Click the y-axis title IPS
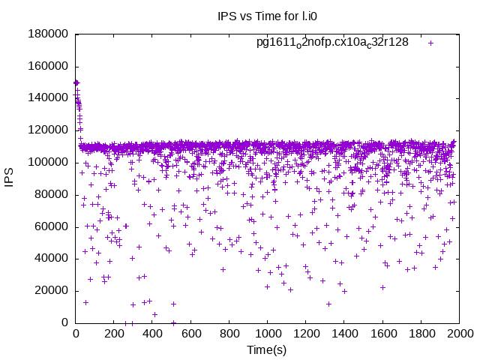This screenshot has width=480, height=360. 9,178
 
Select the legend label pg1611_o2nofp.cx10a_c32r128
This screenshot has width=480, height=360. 332,43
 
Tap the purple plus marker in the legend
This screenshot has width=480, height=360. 431,43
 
